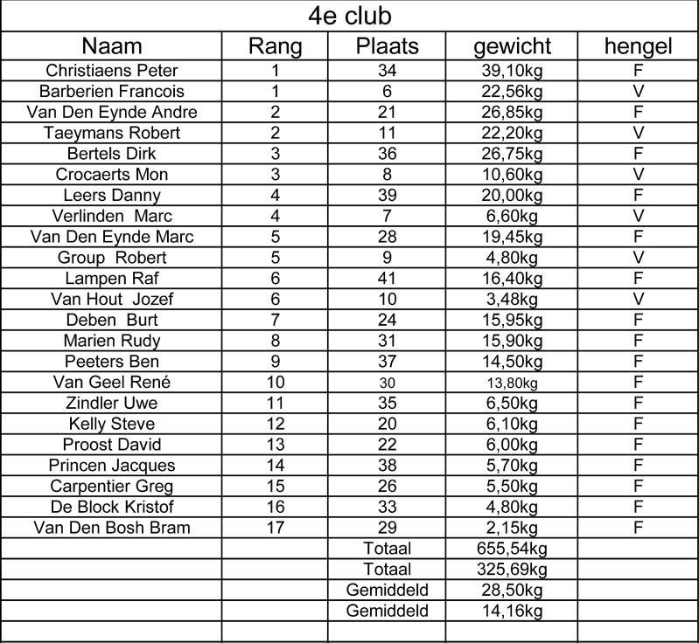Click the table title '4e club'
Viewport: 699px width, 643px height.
click(x=349, y=16)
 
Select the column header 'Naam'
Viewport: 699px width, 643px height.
click(x=111, y=46)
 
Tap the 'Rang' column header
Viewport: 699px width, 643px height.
click(x=275, y=46)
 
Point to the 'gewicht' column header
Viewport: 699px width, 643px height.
click(x=512, y=46)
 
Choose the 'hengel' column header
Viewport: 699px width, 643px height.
click(x=638, y=46)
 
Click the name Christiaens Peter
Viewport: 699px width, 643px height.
click(x=111, y=71)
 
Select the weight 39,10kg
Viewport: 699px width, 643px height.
click(x=512, y=71)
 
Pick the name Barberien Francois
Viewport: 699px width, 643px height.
click(x=111, y=92)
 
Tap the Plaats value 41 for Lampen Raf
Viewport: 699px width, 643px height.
click(x=387, y=279)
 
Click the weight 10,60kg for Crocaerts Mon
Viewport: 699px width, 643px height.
click(x=512, y=175)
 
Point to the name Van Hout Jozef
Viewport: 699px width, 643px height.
click(x=111, y=300)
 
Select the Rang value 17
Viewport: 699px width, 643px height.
click(x=275, y=528)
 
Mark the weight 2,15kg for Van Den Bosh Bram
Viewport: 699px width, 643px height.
click(x=512, y=528)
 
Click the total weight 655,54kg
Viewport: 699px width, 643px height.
click(x=512, y=549)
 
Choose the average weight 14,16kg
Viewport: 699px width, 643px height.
click(x=512, y=612)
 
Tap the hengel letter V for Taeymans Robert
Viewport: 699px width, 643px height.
click(x=638, y=133)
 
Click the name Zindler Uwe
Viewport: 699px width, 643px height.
click(x=111, y=404)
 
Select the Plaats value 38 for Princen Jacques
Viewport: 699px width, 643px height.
click(x=387, y=466)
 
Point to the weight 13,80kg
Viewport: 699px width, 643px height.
click(x=512, y=383)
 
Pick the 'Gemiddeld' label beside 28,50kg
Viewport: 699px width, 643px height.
click(x=387, y=591)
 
